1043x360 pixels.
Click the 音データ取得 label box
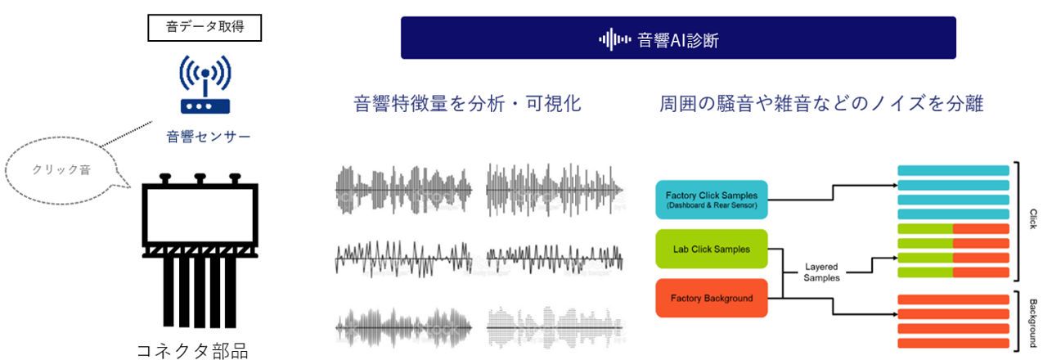205,28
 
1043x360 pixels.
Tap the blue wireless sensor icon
205,84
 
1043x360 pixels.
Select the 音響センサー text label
209,137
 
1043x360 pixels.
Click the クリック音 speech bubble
61,170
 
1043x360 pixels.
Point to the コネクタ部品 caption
192,350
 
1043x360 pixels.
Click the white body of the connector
200,216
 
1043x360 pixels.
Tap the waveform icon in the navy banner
614,39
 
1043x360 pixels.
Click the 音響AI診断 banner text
677,40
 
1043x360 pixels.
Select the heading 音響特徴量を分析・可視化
467,103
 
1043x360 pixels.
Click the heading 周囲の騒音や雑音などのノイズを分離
821,103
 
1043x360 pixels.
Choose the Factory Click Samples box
712,200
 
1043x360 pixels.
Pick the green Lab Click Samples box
712,249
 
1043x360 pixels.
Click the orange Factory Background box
712,298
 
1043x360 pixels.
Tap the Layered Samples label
821,272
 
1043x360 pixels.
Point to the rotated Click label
1033,219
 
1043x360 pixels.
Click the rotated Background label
1033,322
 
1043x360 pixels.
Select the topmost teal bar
953,170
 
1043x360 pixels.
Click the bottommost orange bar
953,344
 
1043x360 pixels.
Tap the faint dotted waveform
554,327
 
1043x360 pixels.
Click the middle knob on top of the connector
200,178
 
